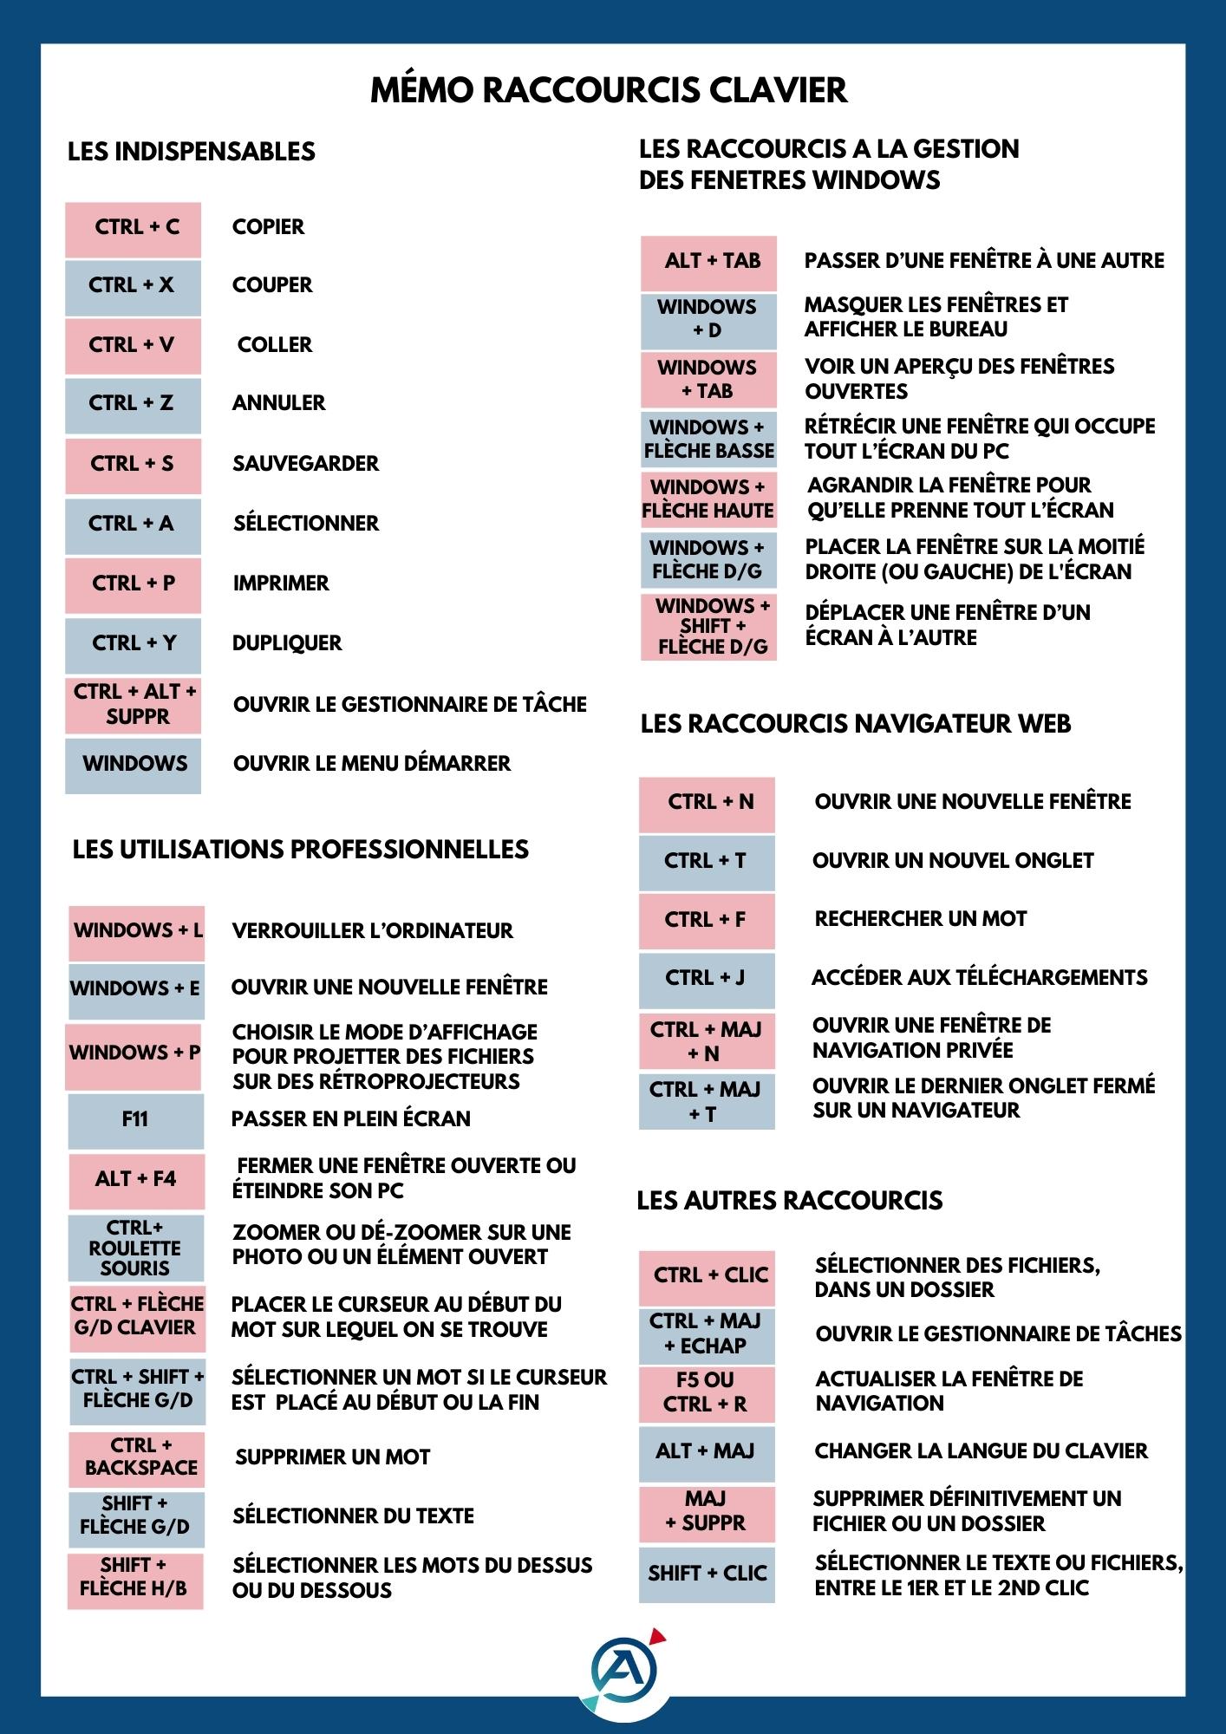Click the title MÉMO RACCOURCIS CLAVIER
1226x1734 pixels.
pos(609,90)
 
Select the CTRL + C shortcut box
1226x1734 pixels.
pos(134,229)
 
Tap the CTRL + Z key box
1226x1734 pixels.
pos(133,404)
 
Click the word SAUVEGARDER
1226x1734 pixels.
pos(305,464)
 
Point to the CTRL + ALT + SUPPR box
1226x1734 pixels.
pos(134,705)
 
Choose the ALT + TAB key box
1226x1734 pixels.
pos(708,262)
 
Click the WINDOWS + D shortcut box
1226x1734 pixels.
pos(708,319)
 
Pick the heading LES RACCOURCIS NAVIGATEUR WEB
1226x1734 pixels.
pos(855,724)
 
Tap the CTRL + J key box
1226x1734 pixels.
pos(706,979)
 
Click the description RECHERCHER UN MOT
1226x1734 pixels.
pos(920,919)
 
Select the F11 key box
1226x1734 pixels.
pos(136,1120)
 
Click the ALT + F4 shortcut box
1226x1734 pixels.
pos(136,1180)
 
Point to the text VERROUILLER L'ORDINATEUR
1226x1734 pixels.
pos(372,931)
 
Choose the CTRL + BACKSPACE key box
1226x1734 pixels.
pos(137,1457)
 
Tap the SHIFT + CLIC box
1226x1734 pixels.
pos(707,1574)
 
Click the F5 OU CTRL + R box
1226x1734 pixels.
pos(706,1393)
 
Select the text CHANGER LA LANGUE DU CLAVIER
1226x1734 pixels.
pos(981,1451)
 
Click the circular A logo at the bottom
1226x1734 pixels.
pos(624,1670)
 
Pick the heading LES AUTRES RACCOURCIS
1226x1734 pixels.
pos(789,1201)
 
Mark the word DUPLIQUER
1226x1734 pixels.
pos(287,643)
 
